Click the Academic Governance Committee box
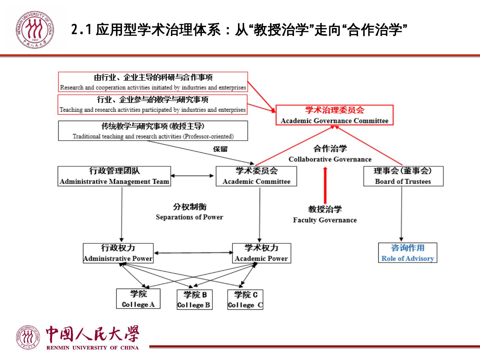pos(334,115)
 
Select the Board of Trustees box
pos(403,176)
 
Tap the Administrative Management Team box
pos(114,176)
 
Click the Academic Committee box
pos(256,176)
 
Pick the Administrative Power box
pos(118,253)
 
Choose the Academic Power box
pos(261,253)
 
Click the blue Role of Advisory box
pos(407,253)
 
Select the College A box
pos(138,299)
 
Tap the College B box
pos(194,300)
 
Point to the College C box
pos(245,300)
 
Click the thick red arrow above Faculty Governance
pos(325,185)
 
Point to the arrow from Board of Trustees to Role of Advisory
pos(401,213)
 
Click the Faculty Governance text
pos(325,220)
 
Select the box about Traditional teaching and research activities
pos(153,131)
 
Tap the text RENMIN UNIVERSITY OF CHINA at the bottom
pos(93,348)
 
